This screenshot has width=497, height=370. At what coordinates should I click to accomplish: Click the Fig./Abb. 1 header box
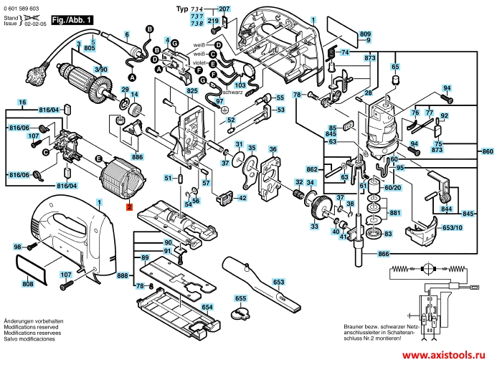[x=73, y=20]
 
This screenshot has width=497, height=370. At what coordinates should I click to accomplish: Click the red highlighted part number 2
[x=129, y=207]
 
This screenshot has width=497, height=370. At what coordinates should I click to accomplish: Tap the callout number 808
[x=28, y=285]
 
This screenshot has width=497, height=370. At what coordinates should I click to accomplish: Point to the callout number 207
[x=224, y=9]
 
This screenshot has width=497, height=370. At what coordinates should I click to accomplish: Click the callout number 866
[x=384, y=254]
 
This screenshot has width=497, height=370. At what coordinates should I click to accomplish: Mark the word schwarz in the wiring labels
[x=232, y=92]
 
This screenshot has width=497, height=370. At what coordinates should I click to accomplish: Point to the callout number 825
[x=192, y=92]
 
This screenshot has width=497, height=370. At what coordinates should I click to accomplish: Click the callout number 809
[x=365, y=34]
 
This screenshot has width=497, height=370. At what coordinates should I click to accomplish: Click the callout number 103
[x=220, y=85]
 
